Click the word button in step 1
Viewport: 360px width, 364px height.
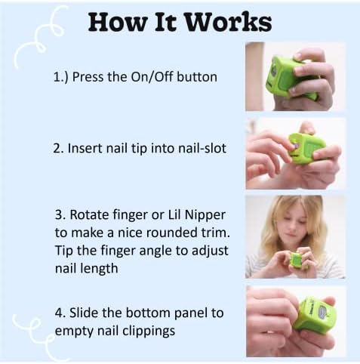(197, 76)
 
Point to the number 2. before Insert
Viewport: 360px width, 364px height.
(58, 148)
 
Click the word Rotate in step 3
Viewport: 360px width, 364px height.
(89, 214)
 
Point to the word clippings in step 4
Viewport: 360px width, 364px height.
(149, 331)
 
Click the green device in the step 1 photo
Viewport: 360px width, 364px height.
(290, 77)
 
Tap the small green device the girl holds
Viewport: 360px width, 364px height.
(297, 260)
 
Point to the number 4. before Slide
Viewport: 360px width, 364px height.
(60, 313)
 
